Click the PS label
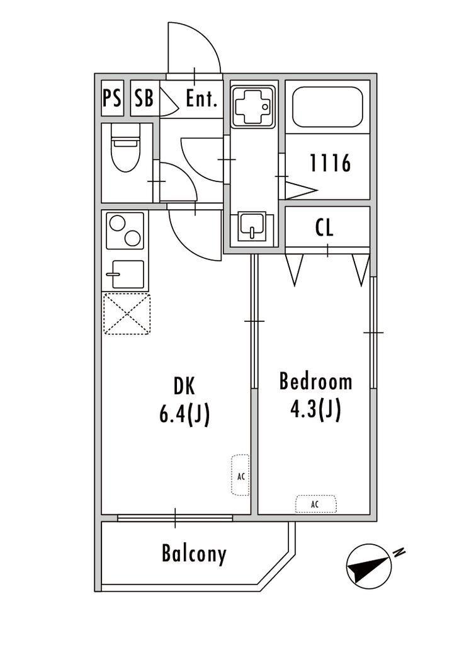(x=112, y=98)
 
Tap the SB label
(x=144, y=98)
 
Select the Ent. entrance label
(x=201, y=99)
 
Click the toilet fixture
(x=126, y=147)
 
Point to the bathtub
(x=327, y=107)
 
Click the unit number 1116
(x=330, y=163)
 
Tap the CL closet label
(x=325, y=227)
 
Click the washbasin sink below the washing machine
(x=252, y=226)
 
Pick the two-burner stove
(x=125, y=231)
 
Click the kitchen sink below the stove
(x=125, y=275)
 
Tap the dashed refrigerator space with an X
(x=127, y=314)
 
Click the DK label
(x=184, y=387)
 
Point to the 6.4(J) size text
(x=184, y=414)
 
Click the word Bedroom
(x=315, y=381)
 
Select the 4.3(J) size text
(x=315, y=409)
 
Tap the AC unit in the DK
(x=240, y=475)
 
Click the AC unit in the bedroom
(x=315, y=504)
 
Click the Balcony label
(x=194, y=554)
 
